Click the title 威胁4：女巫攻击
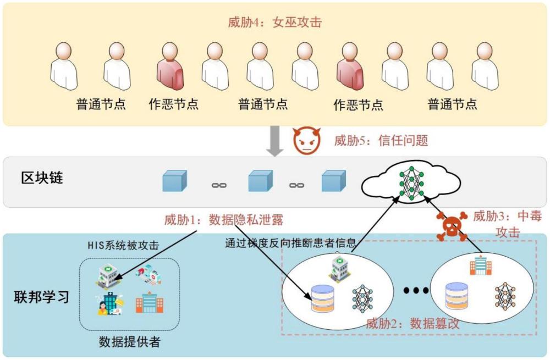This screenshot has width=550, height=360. click(274, 23)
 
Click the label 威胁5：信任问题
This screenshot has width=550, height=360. click(381, 141)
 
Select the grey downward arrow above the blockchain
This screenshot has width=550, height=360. click(275, 141)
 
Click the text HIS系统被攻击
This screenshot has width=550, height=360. click(123, 246)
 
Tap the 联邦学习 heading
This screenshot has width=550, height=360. click(42, 297)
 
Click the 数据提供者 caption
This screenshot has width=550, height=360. click(129, 342)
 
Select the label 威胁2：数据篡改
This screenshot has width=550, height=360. click(412, 324)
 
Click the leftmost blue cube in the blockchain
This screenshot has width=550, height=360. click(174, 181)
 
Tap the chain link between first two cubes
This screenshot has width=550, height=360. click(219, 185)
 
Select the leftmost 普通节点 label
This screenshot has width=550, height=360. click(101, 104)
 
